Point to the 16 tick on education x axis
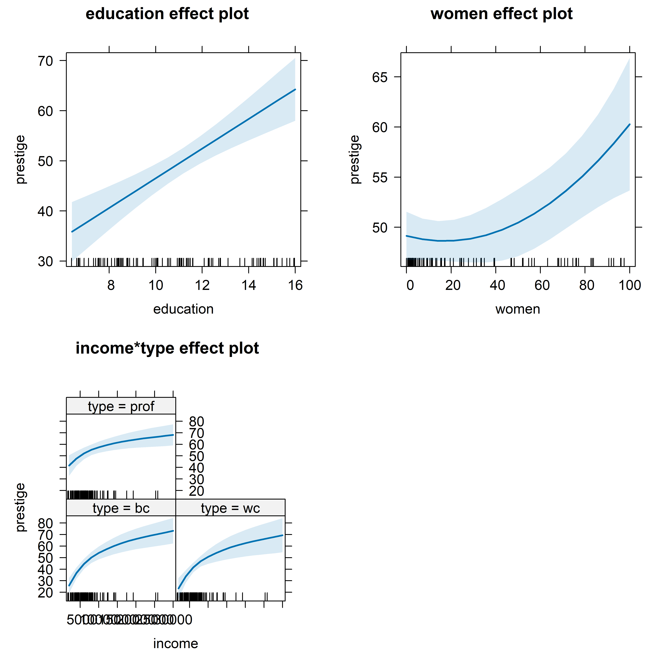(x=295, y=285)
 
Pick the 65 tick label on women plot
(x=380, y=77)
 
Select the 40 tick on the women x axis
(x=497, y=285)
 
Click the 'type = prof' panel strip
(x=121, y=406)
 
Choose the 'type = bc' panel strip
(x=121, y=508)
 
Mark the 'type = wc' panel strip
(x=230, y=508)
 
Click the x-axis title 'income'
(x=176, y=644)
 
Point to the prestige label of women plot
(x=355, y=159)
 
